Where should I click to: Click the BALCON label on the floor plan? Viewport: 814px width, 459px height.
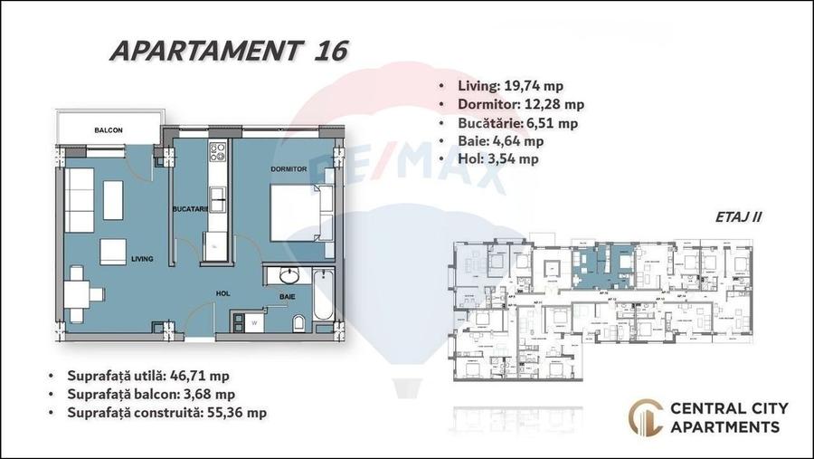click(108, 130)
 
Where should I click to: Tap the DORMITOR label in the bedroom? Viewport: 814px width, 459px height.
click(289, 169)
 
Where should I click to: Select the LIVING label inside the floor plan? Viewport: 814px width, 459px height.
click(142, 259)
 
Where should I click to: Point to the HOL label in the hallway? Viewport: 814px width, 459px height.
click(222, 293)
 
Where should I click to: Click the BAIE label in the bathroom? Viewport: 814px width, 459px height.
click(288, 296)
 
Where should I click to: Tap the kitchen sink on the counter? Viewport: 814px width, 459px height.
click(216, 196)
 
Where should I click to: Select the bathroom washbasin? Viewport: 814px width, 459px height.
click(289, 275)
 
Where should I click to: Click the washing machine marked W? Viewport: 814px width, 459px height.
click(255, 320)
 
